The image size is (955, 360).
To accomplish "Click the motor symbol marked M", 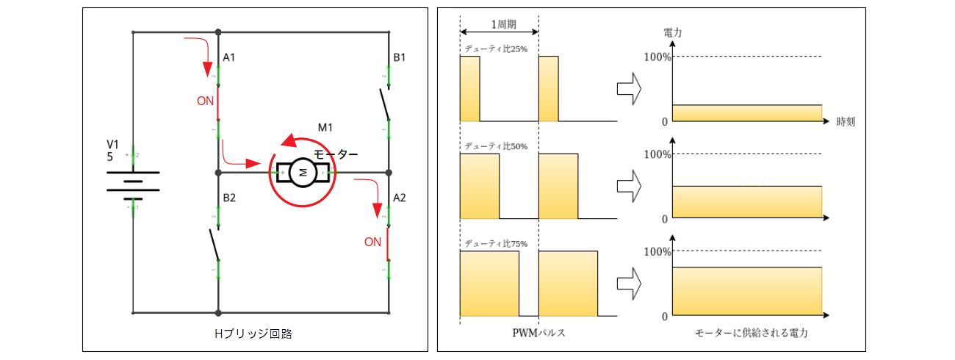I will point(303,173).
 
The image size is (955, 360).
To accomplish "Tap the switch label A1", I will point(229,57).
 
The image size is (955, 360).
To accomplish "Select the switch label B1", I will point(400,57).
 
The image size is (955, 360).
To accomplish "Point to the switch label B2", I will point(229,198).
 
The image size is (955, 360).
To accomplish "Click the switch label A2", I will point(400,198).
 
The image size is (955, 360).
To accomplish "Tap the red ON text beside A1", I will point(206,101).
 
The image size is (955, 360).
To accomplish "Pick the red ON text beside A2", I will point(373,242).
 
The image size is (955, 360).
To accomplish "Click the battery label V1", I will point(112,143).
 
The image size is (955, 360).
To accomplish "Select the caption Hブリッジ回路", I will point(253,333).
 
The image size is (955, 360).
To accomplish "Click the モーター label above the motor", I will point(336,154).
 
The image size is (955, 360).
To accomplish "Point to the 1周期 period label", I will point(503,24).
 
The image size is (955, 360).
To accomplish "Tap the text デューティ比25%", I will point(496,49).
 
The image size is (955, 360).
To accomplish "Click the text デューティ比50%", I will point(496,146).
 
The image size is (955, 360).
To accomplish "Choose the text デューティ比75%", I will point(496,243).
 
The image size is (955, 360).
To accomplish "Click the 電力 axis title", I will point(672,32).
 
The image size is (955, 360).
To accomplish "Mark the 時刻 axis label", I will point(846,122).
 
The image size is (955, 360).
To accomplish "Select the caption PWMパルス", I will point(538,333).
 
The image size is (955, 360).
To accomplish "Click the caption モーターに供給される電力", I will point(751,333).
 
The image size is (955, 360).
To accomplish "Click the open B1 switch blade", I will point(385,103).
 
